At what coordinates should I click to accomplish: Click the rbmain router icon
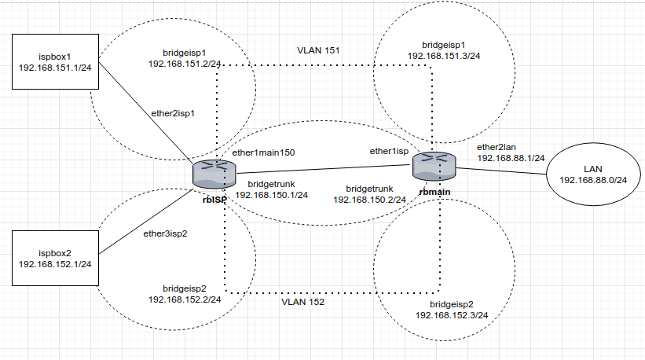tap(436, 166)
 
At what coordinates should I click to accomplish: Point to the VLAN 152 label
tap(303, 301)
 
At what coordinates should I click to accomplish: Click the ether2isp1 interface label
tap(172, 112)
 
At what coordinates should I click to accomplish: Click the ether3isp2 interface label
tap(165, 233)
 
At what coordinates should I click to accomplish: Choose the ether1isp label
tap(389, 150)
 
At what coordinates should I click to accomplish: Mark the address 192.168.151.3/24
tap(445, 56)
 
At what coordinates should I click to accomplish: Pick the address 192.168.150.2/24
tap(370, 200)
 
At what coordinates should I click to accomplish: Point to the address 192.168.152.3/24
tap(451, 314)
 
